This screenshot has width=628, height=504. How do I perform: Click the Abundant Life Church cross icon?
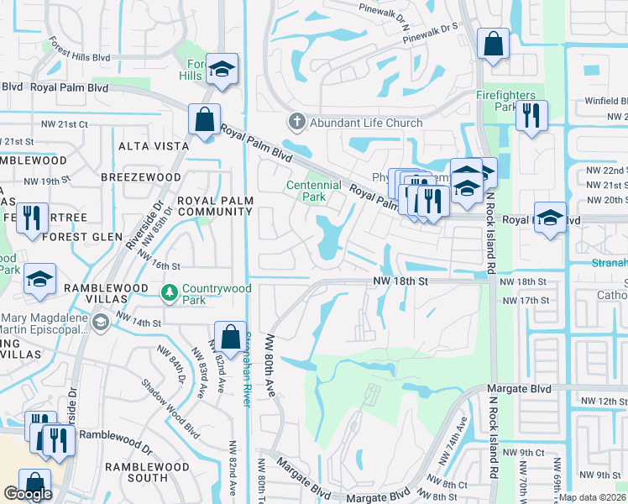click(296, 123)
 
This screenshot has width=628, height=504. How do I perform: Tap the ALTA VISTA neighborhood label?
click(154, 146)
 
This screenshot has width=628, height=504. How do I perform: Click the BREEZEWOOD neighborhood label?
click(136, 178)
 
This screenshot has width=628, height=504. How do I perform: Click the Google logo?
click(28, 494)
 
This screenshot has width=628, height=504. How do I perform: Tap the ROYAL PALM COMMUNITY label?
click(214, 206)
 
